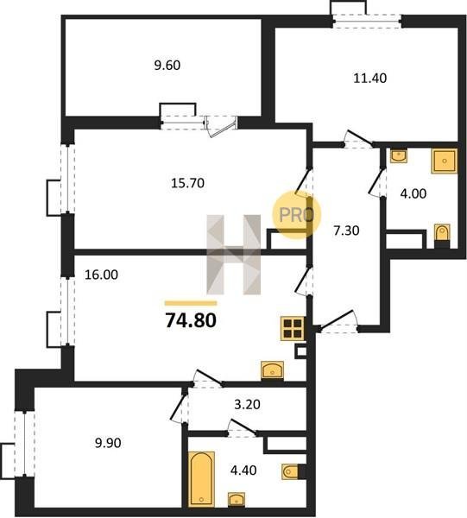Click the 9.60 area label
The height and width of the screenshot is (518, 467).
pos(167,66)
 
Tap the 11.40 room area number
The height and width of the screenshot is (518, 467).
pos(370,79)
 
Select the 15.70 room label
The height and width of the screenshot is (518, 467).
pos(187,183)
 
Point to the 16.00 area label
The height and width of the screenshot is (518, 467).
pos(101,275)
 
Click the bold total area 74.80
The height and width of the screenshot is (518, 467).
pos(191,320)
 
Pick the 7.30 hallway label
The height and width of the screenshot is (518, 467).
pos(346,231)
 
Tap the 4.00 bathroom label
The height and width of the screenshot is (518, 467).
pos(413,193)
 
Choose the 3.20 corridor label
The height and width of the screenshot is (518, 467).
pos(247,404)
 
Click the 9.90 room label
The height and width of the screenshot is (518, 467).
pos(108,443)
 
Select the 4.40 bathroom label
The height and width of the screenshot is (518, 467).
pos(243,470)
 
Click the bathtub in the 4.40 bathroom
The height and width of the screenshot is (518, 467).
pos(201,479)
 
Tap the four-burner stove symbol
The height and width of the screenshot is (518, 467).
pos(293,328)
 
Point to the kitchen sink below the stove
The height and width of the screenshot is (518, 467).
pos(272,370)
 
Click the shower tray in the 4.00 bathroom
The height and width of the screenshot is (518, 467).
pos(445,161)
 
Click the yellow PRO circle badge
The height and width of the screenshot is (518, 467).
pos(297,215)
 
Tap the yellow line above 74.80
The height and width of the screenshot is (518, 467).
pos(191,303)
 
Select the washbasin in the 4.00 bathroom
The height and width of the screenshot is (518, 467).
pos(399,155)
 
